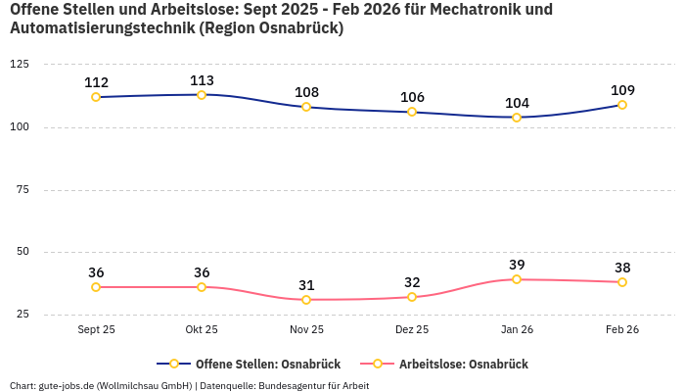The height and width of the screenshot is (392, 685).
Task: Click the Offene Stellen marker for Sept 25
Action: click(x=96, y=97)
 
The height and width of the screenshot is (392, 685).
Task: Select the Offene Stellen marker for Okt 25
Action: click(x=202, y=95)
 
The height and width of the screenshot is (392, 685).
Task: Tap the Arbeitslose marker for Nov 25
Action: click(x=306, y=300)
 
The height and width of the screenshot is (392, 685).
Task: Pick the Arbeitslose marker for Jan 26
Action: click(x=517, y=279)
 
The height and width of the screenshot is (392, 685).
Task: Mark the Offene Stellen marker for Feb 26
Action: click(x=622, y=105)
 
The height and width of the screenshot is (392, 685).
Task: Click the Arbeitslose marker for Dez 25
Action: click(x=412, y=297)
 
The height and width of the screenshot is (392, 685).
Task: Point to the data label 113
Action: click(x=202, y=80)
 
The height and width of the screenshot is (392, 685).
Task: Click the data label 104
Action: click(x=517, y=103)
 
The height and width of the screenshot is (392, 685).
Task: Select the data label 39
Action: click(x=517, y=265)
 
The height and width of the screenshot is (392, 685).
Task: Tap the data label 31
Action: click(x=306, y=285)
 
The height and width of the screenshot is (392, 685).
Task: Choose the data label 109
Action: click(x=622, y=90)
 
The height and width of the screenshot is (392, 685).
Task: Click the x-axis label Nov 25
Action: click(x=306, y=330)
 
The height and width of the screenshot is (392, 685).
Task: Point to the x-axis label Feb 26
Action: click(x=622, y=330)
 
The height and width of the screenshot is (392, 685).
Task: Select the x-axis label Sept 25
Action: click(x=96, y=330)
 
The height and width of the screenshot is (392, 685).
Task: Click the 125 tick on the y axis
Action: click(x=20, y=64)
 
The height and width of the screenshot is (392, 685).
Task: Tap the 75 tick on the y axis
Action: click(x=23, y=189)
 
